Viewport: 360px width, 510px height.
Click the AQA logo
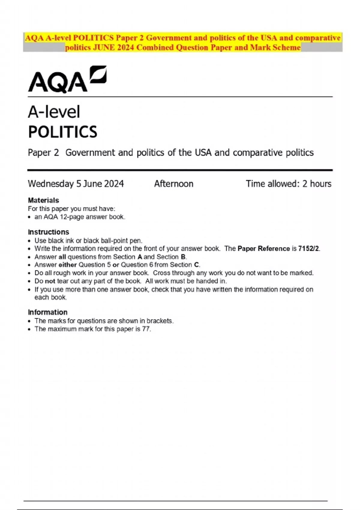point(67,79)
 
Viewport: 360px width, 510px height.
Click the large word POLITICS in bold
point(63,132)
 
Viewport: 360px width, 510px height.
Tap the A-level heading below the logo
point(54,112)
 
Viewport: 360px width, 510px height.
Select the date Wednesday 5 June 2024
point(76,184)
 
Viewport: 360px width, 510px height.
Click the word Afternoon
point(174,184)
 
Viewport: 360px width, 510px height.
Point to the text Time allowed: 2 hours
point(289,184)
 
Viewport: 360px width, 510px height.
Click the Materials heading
point(43,200)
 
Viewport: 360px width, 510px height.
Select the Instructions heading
point(48,232)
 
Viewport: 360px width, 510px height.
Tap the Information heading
point(47,312)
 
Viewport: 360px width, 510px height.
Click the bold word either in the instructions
point(67,265)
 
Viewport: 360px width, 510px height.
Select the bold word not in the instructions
point(50,281)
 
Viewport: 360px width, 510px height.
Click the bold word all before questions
point(62,257)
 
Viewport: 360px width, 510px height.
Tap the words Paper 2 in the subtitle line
point(43,153)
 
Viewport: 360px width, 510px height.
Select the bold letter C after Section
point(196,265)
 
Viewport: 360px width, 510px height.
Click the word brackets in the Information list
point(160,321)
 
